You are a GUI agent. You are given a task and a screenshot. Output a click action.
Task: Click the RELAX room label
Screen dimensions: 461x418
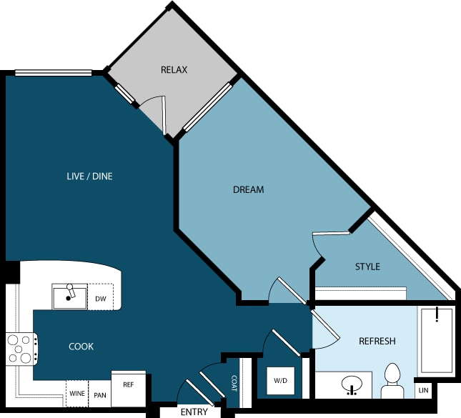(174, 70)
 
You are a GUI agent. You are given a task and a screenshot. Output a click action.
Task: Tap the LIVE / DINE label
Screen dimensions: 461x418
(89, 176)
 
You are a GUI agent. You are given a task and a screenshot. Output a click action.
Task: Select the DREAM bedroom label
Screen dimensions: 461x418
(248, 189)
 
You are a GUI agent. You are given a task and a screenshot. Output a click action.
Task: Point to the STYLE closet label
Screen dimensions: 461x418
(367, 267)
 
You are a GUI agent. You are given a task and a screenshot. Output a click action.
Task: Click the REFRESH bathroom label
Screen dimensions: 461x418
(377, 341)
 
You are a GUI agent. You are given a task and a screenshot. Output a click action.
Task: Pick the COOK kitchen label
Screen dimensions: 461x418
(81, 347)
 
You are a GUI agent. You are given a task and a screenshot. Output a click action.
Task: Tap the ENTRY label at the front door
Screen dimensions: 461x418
(194, 412)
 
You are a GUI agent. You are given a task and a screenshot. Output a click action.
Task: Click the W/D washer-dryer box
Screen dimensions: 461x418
(280, 381)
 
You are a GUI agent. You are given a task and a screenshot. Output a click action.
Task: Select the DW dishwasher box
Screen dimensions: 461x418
(101, 297)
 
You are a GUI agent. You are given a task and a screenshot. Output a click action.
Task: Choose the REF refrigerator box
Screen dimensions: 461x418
(129, 388)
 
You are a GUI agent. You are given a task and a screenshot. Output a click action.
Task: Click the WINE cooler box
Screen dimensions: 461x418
(77, 394)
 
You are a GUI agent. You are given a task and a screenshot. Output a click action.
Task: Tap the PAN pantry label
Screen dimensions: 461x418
(100, 395)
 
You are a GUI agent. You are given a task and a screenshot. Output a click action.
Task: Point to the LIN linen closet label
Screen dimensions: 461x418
(423, 390)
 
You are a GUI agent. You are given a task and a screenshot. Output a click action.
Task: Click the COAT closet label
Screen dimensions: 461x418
(234, 383)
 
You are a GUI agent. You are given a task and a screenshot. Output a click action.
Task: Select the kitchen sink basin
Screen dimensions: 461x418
(69, 297)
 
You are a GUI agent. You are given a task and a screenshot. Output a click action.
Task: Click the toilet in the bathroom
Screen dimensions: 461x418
(392, 382)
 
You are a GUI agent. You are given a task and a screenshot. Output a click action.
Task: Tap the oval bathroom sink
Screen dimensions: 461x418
(352, 384)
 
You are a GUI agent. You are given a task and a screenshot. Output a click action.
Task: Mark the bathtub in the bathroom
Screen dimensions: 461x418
(436, 341)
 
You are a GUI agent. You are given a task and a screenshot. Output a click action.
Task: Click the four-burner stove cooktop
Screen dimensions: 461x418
(21, 349)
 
